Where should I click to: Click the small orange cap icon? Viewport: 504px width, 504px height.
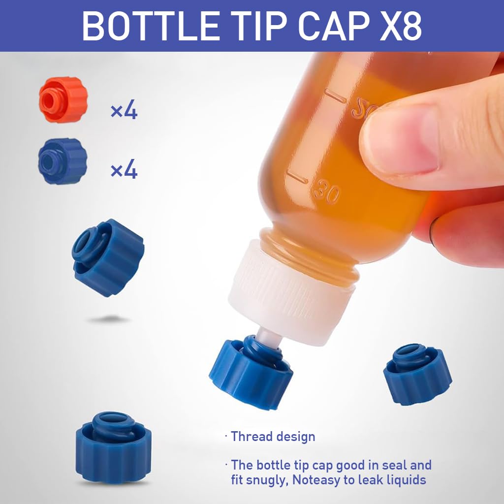click(63, 99)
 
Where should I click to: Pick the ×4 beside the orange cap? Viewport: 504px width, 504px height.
click(124, 111)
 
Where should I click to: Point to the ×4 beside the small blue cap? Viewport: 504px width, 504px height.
click(124, 170)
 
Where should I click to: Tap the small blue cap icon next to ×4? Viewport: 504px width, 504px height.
click(62, 161)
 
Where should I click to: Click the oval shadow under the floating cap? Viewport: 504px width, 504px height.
click(108, 319)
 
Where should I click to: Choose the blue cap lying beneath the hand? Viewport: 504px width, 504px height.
click(417, 374)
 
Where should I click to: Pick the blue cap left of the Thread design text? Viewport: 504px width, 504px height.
click(113, 448)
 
